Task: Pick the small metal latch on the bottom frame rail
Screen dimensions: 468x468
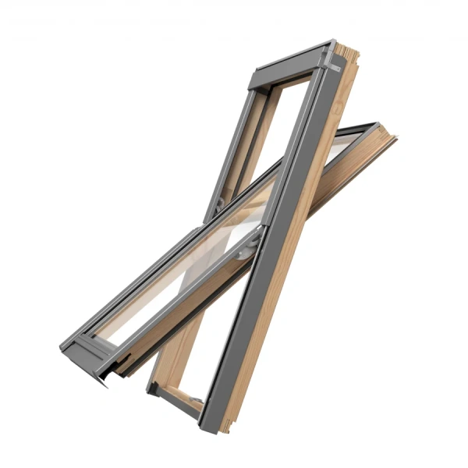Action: pyautogui.click(x=194, y=401)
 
